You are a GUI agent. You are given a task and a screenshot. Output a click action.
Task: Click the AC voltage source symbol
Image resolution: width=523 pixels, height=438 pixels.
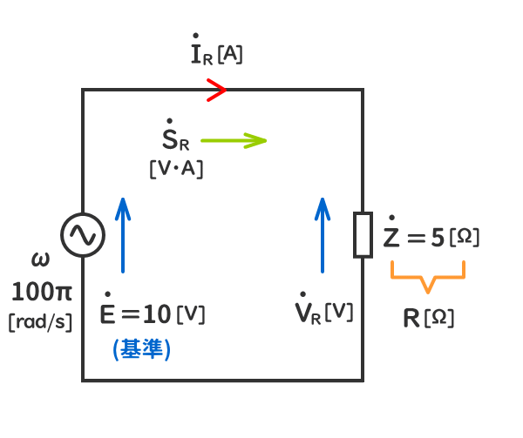83,235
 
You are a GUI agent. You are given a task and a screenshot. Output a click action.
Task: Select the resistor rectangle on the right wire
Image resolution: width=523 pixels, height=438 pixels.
363,235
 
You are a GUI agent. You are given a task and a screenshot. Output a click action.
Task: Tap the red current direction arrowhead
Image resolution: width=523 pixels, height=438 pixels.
217,89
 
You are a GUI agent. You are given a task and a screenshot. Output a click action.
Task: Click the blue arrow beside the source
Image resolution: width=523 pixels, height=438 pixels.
124,235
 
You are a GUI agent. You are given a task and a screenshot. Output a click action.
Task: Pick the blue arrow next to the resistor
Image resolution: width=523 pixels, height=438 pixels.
323,235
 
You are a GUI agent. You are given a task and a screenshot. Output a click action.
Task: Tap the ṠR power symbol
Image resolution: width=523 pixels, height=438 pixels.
175,138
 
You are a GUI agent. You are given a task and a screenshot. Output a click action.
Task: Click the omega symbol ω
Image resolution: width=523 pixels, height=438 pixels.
40,259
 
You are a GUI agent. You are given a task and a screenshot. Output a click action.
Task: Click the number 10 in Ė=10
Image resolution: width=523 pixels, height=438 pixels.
158,314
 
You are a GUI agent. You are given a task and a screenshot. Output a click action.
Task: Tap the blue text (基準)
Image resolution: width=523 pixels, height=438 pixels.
141,348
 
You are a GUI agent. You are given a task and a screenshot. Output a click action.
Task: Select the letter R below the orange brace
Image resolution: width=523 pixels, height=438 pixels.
411,318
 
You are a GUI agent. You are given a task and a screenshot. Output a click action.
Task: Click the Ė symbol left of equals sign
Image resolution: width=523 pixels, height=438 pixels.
109,313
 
